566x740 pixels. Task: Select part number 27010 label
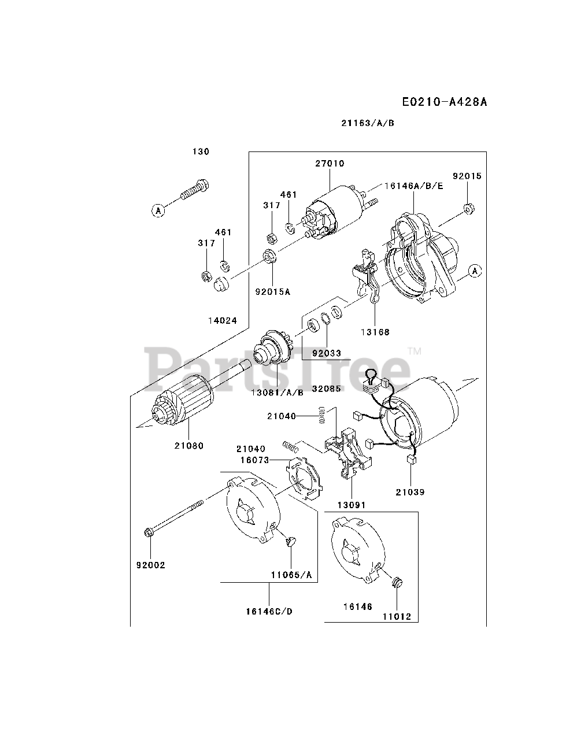[x=330, y=164]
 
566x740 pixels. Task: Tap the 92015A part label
[x=272, y=292]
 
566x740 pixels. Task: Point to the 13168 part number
[x=376, y=332]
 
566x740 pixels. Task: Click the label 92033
[x=327, y=353]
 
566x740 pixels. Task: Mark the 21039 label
[x=410, y=492]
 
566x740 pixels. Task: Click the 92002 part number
[x=151, y=565]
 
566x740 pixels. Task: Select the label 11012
[x=397, y=616]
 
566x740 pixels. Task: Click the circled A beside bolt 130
[x=158, y=210]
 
